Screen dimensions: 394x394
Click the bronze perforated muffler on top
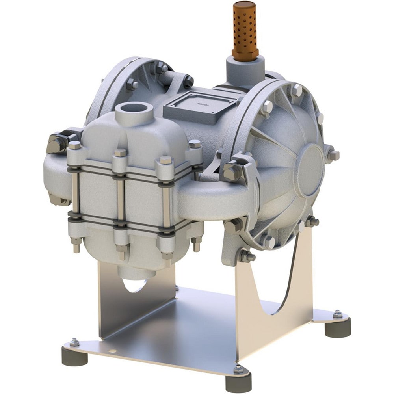(245, 30)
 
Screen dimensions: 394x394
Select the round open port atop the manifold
(134, 109)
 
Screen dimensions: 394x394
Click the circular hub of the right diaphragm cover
(309, 169)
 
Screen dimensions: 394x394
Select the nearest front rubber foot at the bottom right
(238, 381)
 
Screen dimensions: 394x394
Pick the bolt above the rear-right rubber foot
(337, 314)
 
